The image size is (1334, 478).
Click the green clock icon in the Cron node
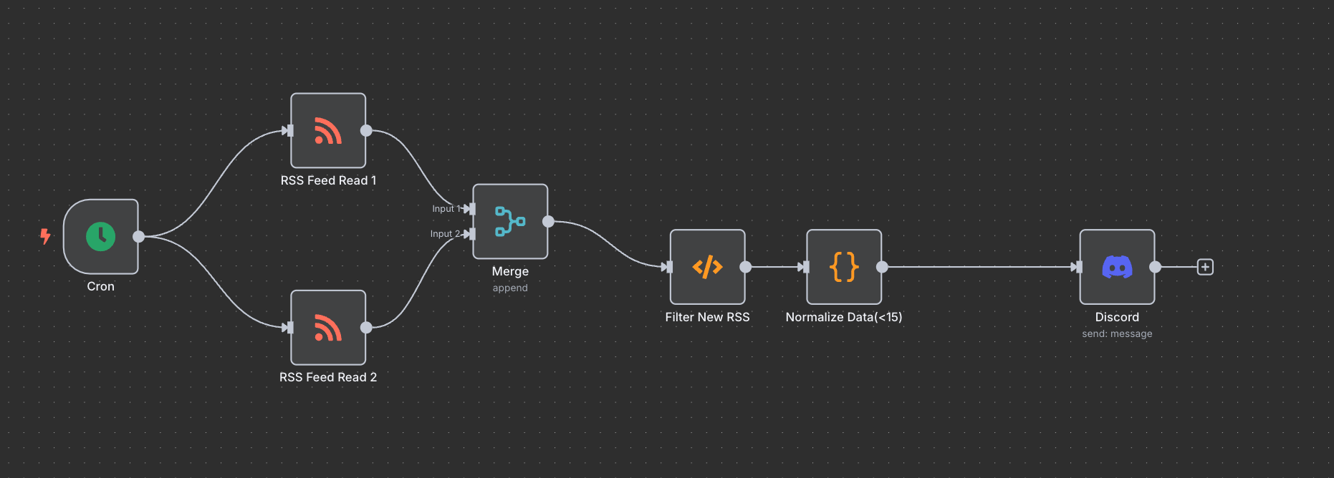[100, 236]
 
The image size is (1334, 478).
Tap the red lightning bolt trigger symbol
[45, 236]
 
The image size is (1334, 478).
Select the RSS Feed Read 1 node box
[328, 131]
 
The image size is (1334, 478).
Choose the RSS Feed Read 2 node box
[328, 328]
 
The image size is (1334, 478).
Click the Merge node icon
[510, 221]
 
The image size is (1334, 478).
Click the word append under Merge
[510, 288]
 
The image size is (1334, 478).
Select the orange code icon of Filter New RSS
[707, 267]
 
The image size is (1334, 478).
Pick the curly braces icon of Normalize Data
[844, 267]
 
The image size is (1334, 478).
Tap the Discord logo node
[1117, 267]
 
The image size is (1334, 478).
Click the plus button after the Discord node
[1205, 267]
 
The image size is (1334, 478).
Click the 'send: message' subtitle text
[1117, 334]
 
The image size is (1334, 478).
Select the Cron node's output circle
[139, 236]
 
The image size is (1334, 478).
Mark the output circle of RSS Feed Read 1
[366, 130]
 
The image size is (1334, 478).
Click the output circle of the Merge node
[548, 221]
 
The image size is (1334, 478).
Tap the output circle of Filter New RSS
[746, 267]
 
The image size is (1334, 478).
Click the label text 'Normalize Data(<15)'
[844, 317]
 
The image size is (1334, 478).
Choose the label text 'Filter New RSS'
[707, 317]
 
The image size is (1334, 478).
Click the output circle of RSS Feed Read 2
[366, 328]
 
